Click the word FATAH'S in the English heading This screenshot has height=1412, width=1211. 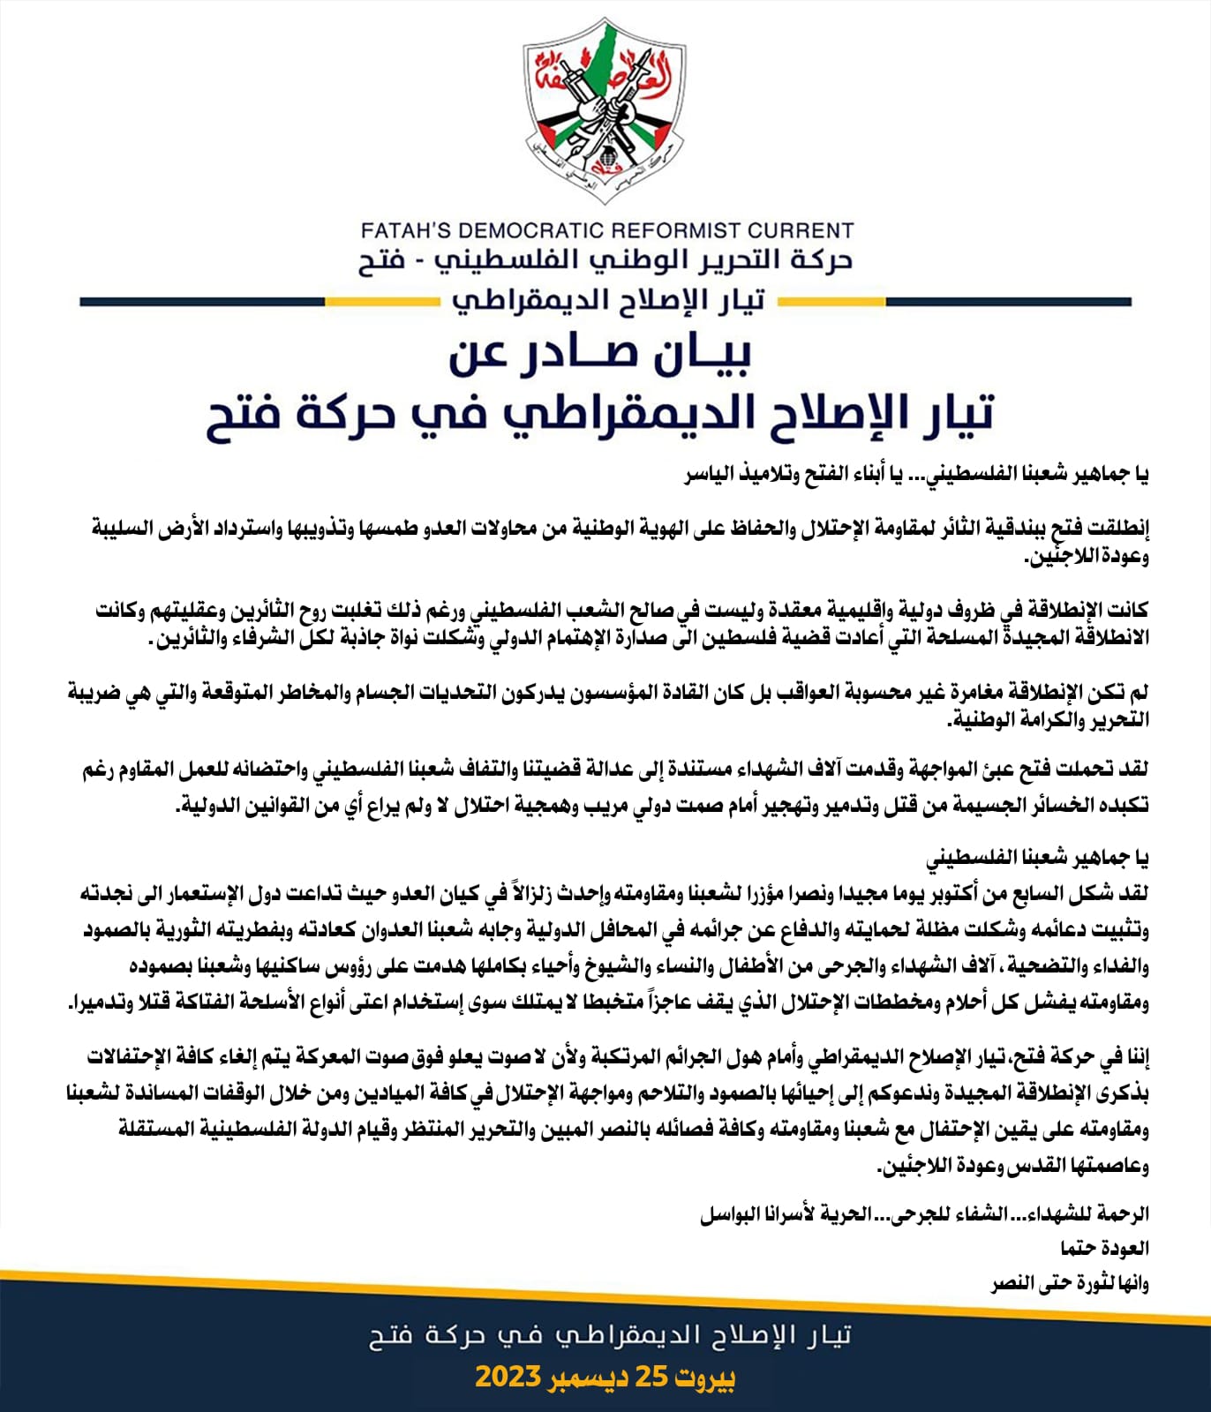point(404,231)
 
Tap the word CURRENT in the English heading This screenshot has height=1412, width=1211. point(801,231)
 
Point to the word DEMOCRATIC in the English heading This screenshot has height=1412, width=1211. point(532,231)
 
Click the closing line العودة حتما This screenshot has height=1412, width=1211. point(1104,1248)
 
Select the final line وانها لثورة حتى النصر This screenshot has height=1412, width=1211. point(1070,1283)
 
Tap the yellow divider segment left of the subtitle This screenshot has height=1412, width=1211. point(381,302)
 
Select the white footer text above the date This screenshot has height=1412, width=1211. point(610,1334)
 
